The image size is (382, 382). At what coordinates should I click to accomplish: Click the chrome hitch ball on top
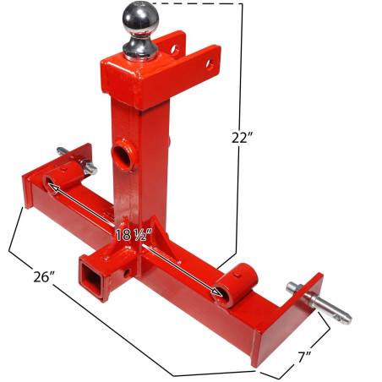click(141, 19)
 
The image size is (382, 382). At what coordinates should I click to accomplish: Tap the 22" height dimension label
click(242, 138)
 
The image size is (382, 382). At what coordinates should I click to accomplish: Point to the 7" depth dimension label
click(304, 357)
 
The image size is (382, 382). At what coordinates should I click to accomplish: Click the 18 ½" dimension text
click(134, 234)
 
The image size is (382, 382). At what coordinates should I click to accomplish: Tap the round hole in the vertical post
click(123, 155)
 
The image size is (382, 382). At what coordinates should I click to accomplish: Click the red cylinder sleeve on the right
click(235, 285)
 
